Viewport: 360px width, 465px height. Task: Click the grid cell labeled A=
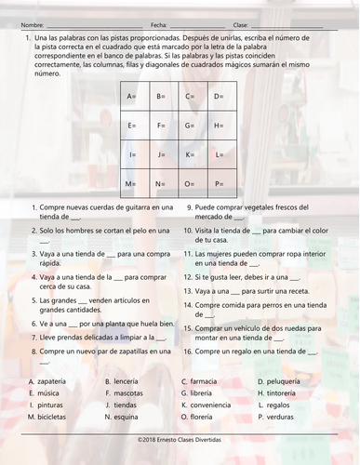pos(132,96)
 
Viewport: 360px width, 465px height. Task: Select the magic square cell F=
pos(161,126)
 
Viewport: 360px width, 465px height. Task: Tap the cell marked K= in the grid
pos(190,154)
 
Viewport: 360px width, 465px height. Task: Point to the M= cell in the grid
pos(132,183)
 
